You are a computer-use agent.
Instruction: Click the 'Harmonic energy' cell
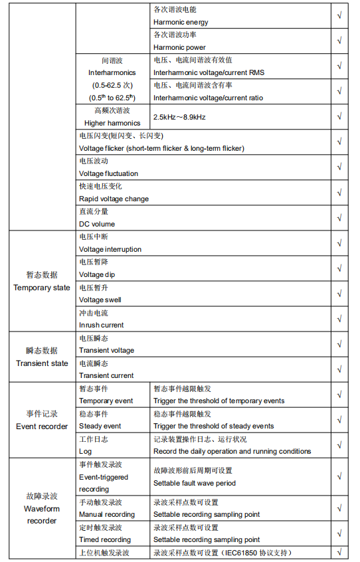pyautogui.click(x=181, y=22)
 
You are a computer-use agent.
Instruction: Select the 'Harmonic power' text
pyautogui.click(x=179, y=47)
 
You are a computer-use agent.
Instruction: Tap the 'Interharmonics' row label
pyautogui.click(x=112, y=72)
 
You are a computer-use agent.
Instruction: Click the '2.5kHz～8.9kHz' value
pyautogui.click(x=179, y=117)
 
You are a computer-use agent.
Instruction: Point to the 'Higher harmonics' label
pyautogui.click(x=112, y=123)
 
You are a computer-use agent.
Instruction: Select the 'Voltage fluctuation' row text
pyautogui.click(x=108, y=173)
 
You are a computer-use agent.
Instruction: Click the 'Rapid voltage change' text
pyautogui.click(x=114, y=199)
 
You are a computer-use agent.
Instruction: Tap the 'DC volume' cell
pyautogui.click(x=97, y=224)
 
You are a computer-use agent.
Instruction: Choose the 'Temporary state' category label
pyautogui.click(x=42, y=288)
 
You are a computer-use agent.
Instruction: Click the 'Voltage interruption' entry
pyautogui.click(x=110, y=249)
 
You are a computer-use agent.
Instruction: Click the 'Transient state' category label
pyautogui.click(x=42, y=363)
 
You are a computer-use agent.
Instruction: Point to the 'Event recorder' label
pyautogui.click(x=42, y=426)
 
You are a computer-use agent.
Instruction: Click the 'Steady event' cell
pyautogui.click(x=100, y=426)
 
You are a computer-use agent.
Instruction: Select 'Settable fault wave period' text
pyautogui.click(x=195, y=483)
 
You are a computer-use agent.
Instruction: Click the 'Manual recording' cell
pyautogui.click(x=107, y=514)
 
